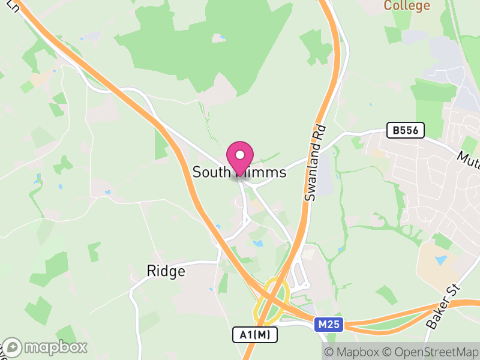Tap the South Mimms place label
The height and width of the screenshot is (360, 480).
point(239,172)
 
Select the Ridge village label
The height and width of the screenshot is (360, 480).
point(166,271)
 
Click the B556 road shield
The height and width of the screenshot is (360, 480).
point(406,130)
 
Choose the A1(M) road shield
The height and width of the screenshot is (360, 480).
point(255,335)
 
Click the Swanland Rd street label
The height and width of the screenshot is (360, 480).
point(314,163)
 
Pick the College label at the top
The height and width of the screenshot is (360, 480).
point(407,6)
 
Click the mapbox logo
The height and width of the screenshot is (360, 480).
point(46,347)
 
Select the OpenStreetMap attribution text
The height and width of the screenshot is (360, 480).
point(433,352)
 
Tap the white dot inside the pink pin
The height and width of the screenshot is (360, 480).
point(240,154)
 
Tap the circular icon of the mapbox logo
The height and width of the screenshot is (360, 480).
point(13,347)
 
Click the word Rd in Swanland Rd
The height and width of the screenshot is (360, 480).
point(319,133)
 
